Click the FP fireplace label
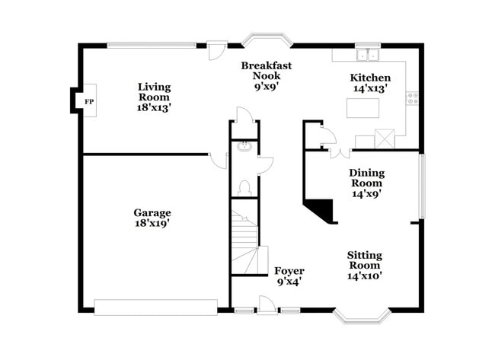[89, 101]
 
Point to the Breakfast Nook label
[267, 71]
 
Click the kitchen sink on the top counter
[368, 54]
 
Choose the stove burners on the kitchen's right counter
[413, 97]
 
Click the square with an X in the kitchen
[385, 139]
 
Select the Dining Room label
[367, 177]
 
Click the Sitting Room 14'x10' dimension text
[365, 276]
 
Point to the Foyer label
[289, 271]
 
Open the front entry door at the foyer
[267, 305]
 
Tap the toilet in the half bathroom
[244, 187]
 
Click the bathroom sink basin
[244, 148]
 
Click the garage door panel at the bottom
[156, 307]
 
